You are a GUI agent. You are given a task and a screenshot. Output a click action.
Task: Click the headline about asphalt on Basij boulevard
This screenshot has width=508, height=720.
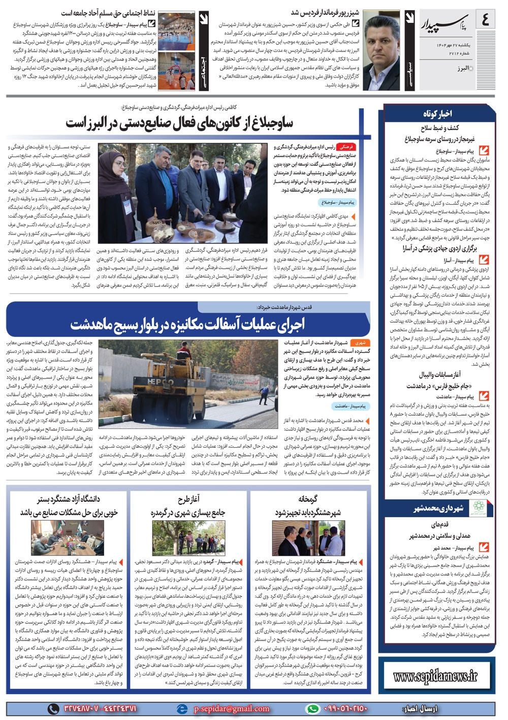pos(188,324)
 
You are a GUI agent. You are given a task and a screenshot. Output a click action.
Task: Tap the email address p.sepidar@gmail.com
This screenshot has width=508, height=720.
pos(231,708)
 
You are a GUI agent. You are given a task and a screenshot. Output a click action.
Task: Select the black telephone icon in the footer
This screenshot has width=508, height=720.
pos(53,708)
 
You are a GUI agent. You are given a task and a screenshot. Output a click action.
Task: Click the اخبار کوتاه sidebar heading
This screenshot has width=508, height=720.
pos(437,113)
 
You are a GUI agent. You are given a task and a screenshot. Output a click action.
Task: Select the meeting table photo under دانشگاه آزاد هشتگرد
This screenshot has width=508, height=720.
pos(68,538)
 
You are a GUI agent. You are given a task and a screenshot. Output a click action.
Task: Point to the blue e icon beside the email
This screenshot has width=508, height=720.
pos(182,708)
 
